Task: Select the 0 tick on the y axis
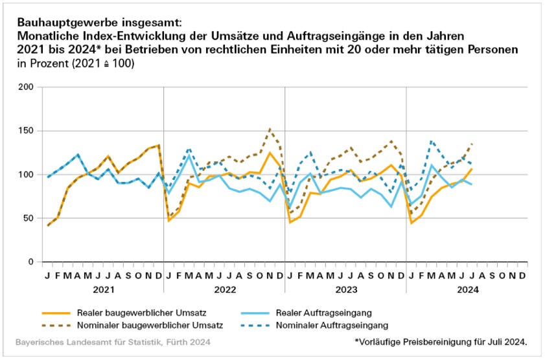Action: (30, 262)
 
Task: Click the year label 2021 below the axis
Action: (104, 289)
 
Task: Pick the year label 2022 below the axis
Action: (224, 289)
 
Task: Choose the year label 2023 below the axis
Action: (345, 289)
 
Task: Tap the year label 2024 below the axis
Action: (467, 289)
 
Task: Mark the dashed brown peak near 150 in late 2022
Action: (270, 129)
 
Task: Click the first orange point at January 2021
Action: (48, 225)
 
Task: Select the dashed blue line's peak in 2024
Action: (431, 141)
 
